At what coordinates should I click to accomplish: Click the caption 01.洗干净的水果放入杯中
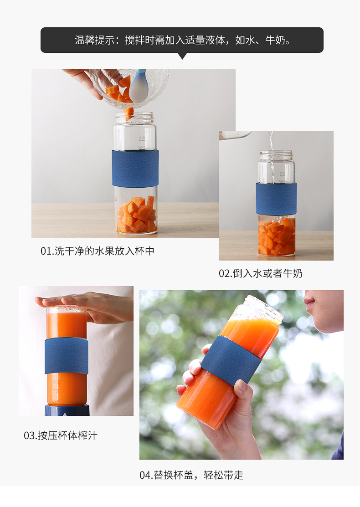pos(98,251)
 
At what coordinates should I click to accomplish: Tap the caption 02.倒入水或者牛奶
pos(260,274)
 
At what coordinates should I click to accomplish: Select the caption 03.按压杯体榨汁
pos(61,435)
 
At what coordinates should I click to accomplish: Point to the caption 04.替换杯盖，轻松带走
pos(191,475)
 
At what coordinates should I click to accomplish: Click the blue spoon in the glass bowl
pos(139,85)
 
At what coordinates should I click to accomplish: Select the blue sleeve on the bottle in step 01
pos(135,168)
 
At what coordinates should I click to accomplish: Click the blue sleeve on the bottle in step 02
pos(276,198)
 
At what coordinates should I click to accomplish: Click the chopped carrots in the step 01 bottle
pos(137,215)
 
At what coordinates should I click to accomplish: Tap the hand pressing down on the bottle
pos(84,306)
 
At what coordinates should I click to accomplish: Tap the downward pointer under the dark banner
pos(182,56)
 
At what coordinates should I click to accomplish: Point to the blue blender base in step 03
pos(67,410)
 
